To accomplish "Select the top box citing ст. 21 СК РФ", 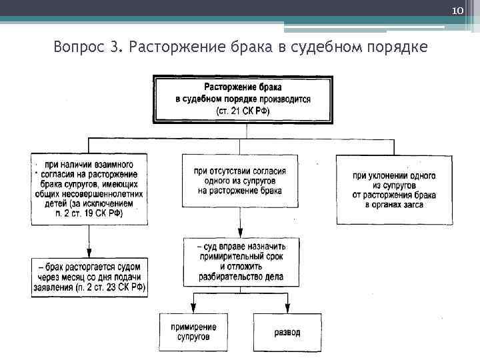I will click(x=243, y=99).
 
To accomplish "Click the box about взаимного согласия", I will click(x=90, y=189).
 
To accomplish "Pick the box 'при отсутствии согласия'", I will click(x=240, y=181).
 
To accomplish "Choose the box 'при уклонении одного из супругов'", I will click(x=394, y=190).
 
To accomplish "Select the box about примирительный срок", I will click(x=241, y=261).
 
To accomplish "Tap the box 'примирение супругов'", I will click(x=193, y=331).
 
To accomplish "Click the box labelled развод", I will click(x=287, y=331).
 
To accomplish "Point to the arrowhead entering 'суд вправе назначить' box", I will click(x=241, y=233).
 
